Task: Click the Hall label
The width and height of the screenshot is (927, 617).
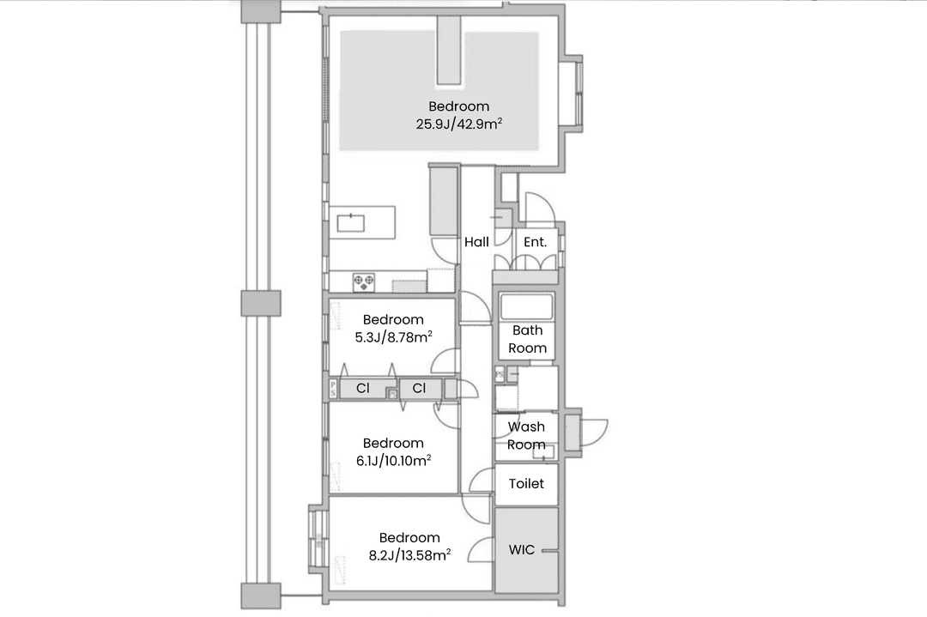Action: coord(476,242)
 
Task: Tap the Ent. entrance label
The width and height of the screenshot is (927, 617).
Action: coord(535,242)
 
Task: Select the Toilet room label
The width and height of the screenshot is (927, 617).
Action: coord(526,483)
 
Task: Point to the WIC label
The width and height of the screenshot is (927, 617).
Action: coord(522,549)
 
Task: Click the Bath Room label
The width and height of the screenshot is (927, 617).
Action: coord(527,339)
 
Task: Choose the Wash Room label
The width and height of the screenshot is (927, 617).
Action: coord(526,436)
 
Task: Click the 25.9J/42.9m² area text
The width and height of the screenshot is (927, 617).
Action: coord(459,124)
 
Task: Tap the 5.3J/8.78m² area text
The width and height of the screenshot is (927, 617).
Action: coord(393,337)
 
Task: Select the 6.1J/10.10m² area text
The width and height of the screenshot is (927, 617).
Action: coord(393,461)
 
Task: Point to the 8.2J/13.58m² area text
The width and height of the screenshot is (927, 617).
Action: coord(409,555)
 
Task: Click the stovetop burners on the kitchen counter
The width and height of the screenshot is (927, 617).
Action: coord(364,282)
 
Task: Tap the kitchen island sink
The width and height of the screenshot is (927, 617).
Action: coord(350,223)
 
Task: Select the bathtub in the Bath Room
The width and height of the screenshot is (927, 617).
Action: coord(526,306)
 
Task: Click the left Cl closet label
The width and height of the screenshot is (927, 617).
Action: coord(363,388)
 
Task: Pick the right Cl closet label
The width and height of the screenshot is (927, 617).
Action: coord(419,388)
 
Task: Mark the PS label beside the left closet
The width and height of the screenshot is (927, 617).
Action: coord(333,389)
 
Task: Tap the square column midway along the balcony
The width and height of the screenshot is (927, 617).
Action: coord(261,303)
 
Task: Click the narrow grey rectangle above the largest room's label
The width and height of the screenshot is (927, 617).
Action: coord(449,50)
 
